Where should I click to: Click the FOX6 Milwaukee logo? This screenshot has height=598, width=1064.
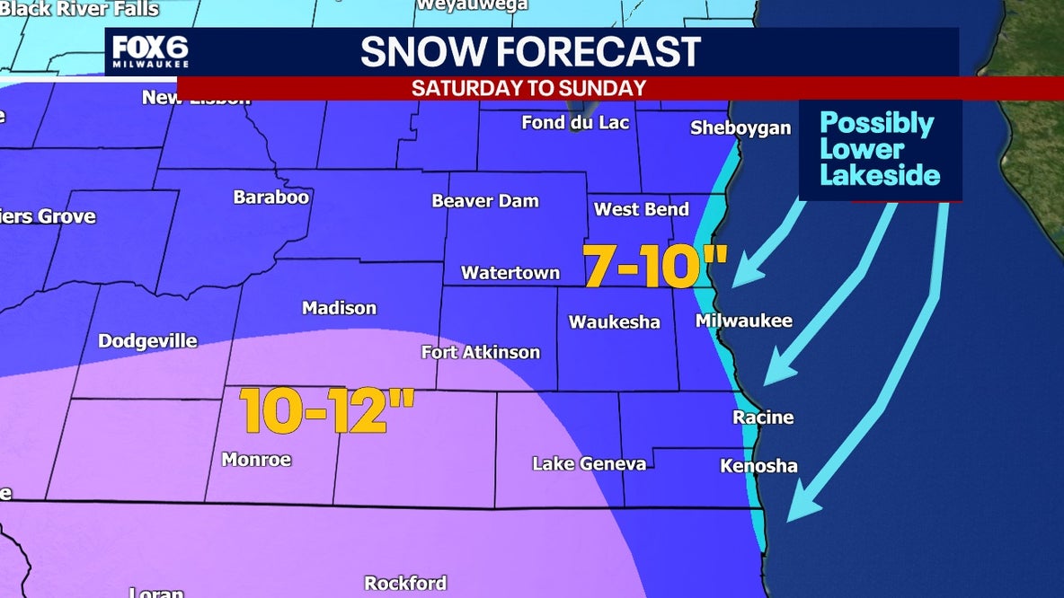coord(149,54)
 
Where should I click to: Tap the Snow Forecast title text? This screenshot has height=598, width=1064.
coord(530,53)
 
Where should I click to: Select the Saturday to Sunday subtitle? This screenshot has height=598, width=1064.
coord(528,88)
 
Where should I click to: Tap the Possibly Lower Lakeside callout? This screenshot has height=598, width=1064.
coord(879,149)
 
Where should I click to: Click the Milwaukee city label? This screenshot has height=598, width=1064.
coord(744,321)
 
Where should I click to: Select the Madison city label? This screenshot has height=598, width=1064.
coord(339,308)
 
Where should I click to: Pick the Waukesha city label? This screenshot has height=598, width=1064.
coord(615,322)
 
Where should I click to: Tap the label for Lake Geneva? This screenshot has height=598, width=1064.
coord(589,464)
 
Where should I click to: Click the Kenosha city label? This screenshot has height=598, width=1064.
coord(758,466)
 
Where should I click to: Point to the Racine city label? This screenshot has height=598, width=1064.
coord(763,418)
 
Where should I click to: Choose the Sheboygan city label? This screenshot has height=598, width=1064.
coord(740,128)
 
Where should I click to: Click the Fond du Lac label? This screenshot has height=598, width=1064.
coord(575,122)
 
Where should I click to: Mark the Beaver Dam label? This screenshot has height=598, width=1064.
coord(484,201)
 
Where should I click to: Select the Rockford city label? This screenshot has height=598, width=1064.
coord(404,584)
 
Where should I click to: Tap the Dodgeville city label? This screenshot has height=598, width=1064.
coord(147,341)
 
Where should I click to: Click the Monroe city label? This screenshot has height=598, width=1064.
coord(256,460)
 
